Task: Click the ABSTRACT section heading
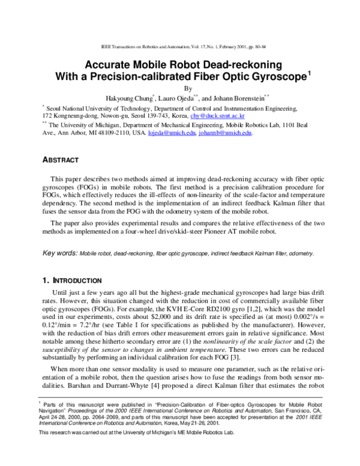pyautogui.click(x=61, y=160)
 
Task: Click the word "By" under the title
pyautogui.click(x=179, y=87)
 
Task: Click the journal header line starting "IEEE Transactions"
pyautogui.click(x=179, y=46)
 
